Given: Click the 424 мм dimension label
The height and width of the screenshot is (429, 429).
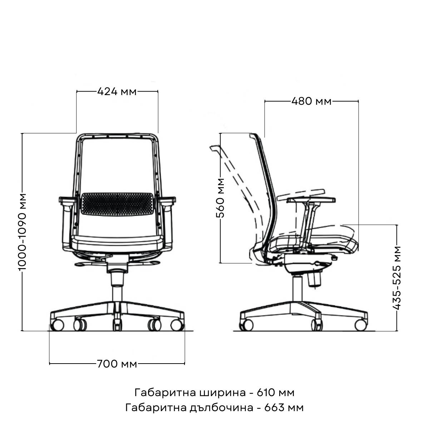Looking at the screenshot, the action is pyautogui.click(x=117, y=92).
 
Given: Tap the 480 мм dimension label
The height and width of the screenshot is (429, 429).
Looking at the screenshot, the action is pyautogui.click(x=311, y=101).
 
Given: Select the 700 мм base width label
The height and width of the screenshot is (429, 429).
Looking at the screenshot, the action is pyautogui.click(x=117, y=364).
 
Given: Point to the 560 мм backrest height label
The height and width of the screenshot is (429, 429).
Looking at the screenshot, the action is pyautogui.click(x=221, y=198).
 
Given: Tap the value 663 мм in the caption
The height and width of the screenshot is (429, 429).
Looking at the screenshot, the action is pyautogui.click(x=284, y=408).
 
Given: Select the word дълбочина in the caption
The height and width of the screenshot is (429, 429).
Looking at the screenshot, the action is pyautogui.click(x=222, y=408).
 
